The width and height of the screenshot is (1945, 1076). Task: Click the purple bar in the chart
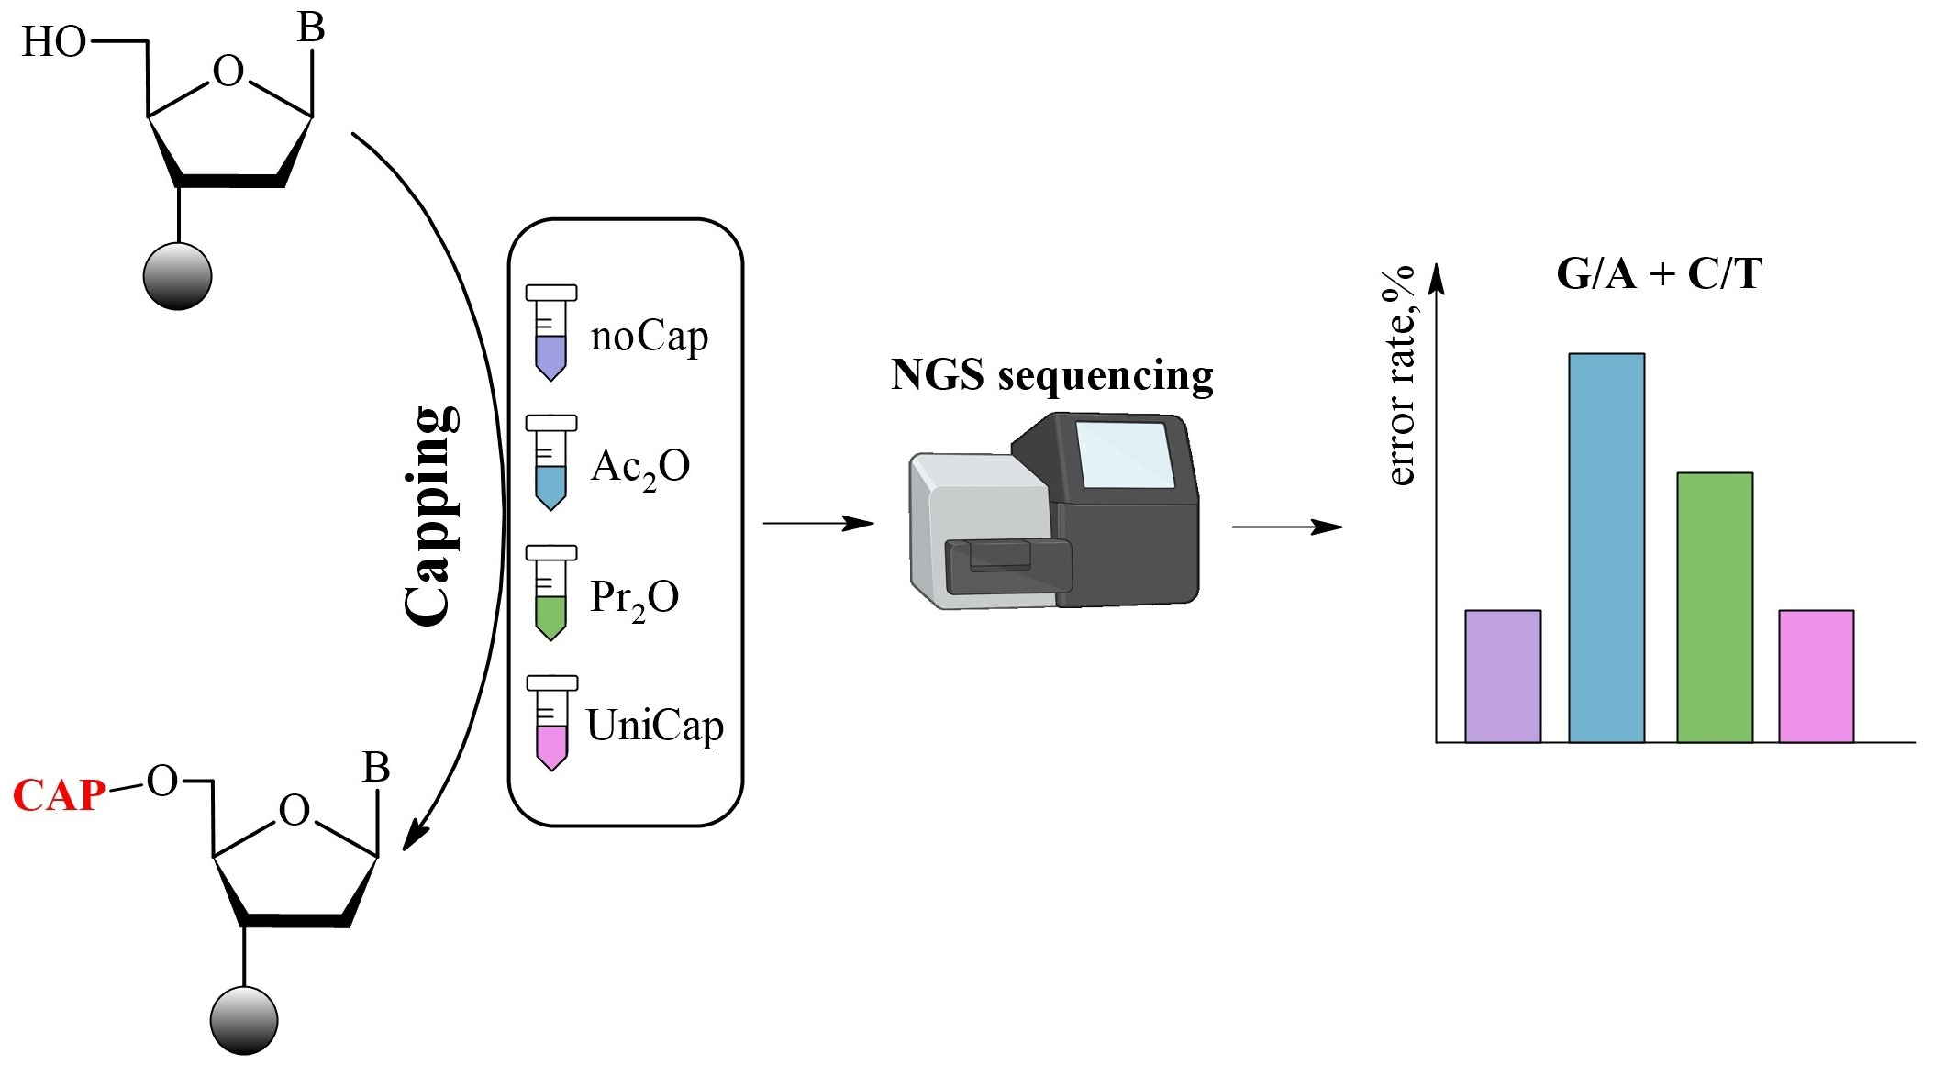coord(1502,676)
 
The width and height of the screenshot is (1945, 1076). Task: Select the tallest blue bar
coord(1606,548)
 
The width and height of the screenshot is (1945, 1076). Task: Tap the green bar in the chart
coord(1714,607)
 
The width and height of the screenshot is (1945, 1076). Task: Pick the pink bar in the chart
coord(1816,676)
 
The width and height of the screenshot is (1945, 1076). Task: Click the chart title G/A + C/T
coord(1659,274)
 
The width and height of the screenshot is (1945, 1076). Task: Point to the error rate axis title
coord(1400,375)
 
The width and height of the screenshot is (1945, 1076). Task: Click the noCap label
coord(649,337)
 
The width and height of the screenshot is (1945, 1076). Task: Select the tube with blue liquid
coord(550,462)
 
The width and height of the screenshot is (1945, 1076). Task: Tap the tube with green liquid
coord(550,593)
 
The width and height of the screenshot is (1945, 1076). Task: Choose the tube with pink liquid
coord(551,723)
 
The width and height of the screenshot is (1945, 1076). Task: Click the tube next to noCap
coord(550,332)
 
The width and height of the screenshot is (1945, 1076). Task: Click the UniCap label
coord(654,726)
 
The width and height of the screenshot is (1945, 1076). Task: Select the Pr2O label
coord(634,598)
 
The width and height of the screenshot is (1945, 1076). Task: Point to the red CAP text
coord(59,795)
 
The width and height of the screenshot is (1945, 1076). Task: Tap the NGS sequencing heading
coord(1051,375)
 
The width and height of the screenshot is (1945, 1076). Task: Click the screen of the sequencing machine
coord(1125,454)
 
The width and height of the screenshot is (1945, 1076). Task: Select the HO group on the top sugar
coord(53,42)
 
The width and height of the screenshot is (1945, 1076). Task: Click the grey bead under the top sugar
coord(177,275)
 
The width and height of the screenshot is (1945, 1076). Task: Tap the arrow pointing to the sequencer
coord(817,523)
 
